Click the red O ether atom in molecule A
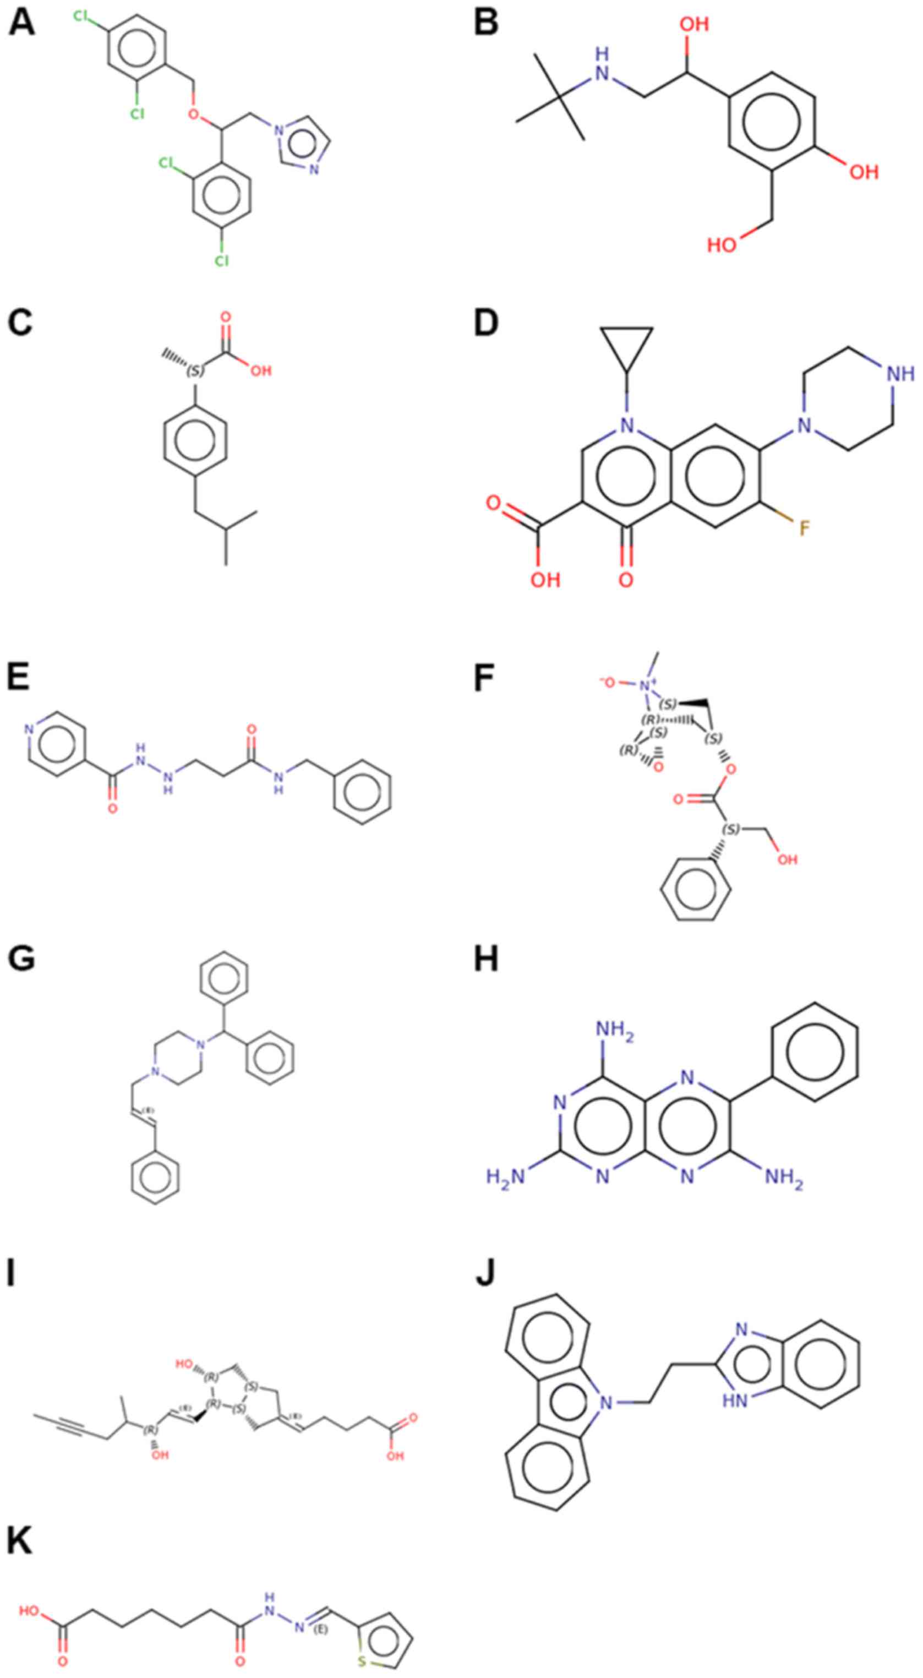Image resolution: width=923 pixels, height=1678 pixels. [x=193, y=114]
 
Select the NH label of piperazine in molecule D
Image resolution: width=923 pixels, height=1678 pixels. [x=900, y=373]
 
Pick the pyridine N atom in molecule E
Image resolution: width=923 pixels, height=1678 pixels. [x=29, y=729]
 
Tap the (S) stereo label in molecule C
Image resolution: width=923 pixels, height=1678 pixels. [x=195, y=371]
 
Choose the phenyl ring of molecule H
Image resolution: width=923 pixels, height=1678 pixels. [x=813, y=1052]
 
